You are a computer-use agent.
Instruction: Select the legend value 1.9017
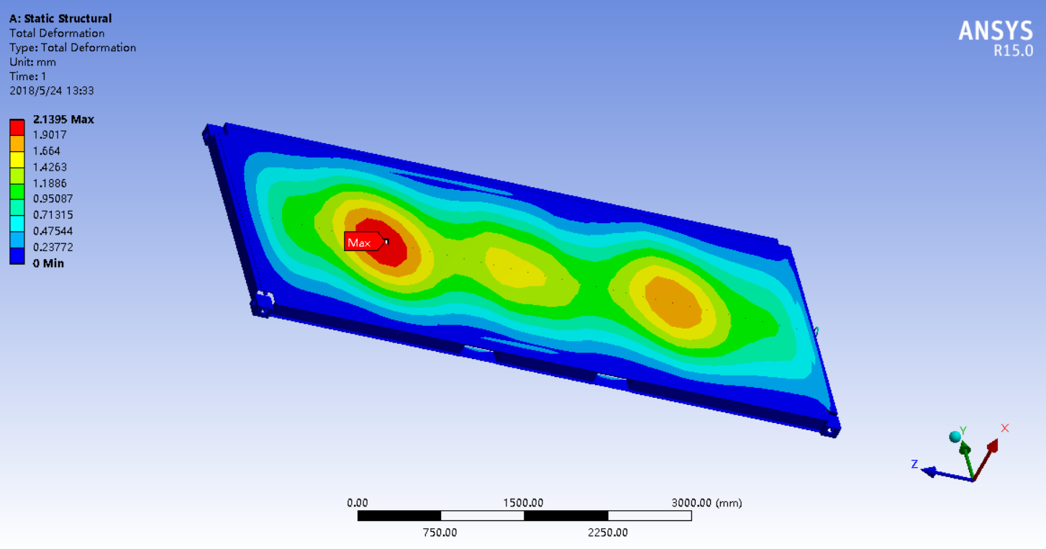click(x=50, y=135)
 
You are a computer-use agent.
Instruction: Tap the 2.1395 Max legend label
click(x=63, y=119)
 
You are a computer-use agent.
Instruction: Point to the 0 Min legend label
click(x=48, y=263)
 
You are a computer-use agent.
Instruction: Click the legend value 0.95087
click(x=53, y=199)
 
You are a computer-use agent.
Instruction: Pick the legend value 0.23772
click(x=53, y=248)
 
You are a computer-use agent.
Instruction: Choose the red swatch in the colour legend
click(x=17, y=127)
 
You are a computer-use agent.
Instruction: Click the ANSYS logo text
click(x=996, y=32)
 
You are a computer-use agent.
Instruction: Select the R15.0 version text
click(x=1013, y=51)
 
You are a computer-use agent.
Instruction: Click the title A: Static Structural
click(x=60, y=19)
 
